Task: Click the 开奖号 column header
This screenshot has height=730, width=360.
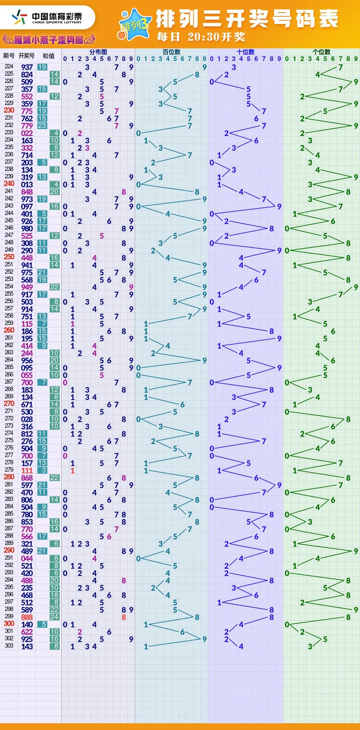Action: coord(27,56)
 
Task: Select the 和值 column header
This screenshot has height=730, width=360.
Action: coord(49,56)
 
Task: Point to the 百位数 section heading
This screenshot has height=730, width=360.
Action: coord(171,52)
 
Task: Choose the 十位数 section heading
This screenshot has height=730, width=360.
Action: coord(245,52)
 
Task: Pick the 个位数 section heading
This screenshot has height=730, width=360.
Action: coord(321,52)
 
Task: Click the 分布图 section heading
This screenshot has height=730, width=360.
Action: coord(98,52)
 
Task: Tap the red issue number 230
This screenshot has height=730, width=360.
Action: coord(9,110)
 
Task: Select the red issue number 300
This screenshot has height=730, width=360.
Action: coord(9,624)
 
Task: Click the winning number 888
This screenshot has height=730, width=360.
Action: coord(27,617)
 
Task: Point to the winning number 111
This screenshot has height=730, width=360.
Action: coord(27,470)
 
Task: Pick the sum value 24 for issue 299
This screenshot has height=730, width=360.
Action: coord(54,617)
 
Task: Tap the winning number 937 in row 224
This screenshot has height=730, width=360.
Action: coord(27,67)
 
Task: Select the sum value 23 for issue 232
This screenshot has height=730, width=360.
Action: coord(42,126)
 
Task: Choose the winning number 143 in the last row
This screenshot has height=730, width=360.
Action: coord(27,646)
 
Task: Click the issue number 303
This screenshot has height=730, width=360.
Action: coord(9,646)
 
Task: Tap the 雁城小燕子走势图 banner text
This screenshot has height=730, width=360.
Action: coord(49,40)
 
